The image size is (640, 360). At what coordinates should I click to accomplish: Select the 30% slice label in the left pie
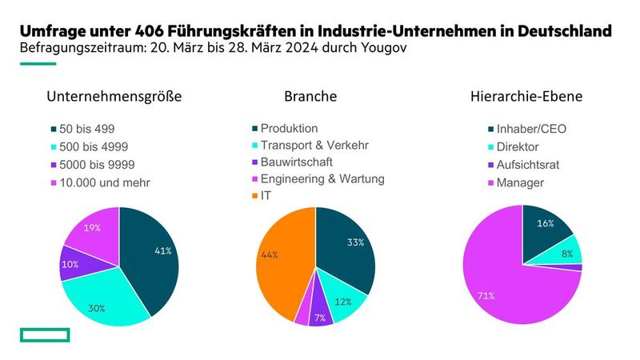coord(95,306)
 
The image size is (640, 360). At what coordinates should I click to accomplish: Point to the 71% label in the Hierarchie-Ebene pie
coord(486,296)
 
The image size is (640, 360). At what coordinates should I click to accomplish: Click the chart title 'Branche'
coord(310,97)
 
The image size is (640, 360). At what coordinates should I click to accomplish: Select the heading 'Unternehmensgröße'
coord(114,97)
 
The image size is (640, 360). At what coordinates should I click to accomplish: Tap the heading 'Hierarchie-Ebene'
coord(526,97)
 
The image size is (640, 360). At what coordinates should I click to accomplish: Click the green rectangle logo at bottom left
coord(46,334)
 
